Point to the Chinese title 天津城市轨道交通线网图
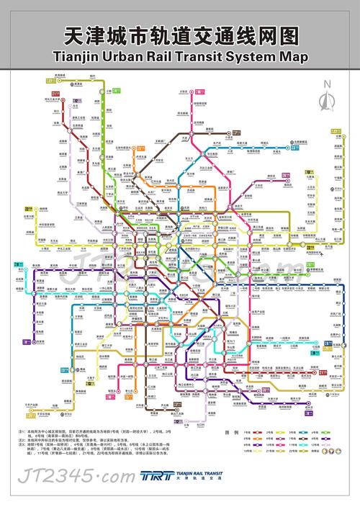(180, 36)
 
